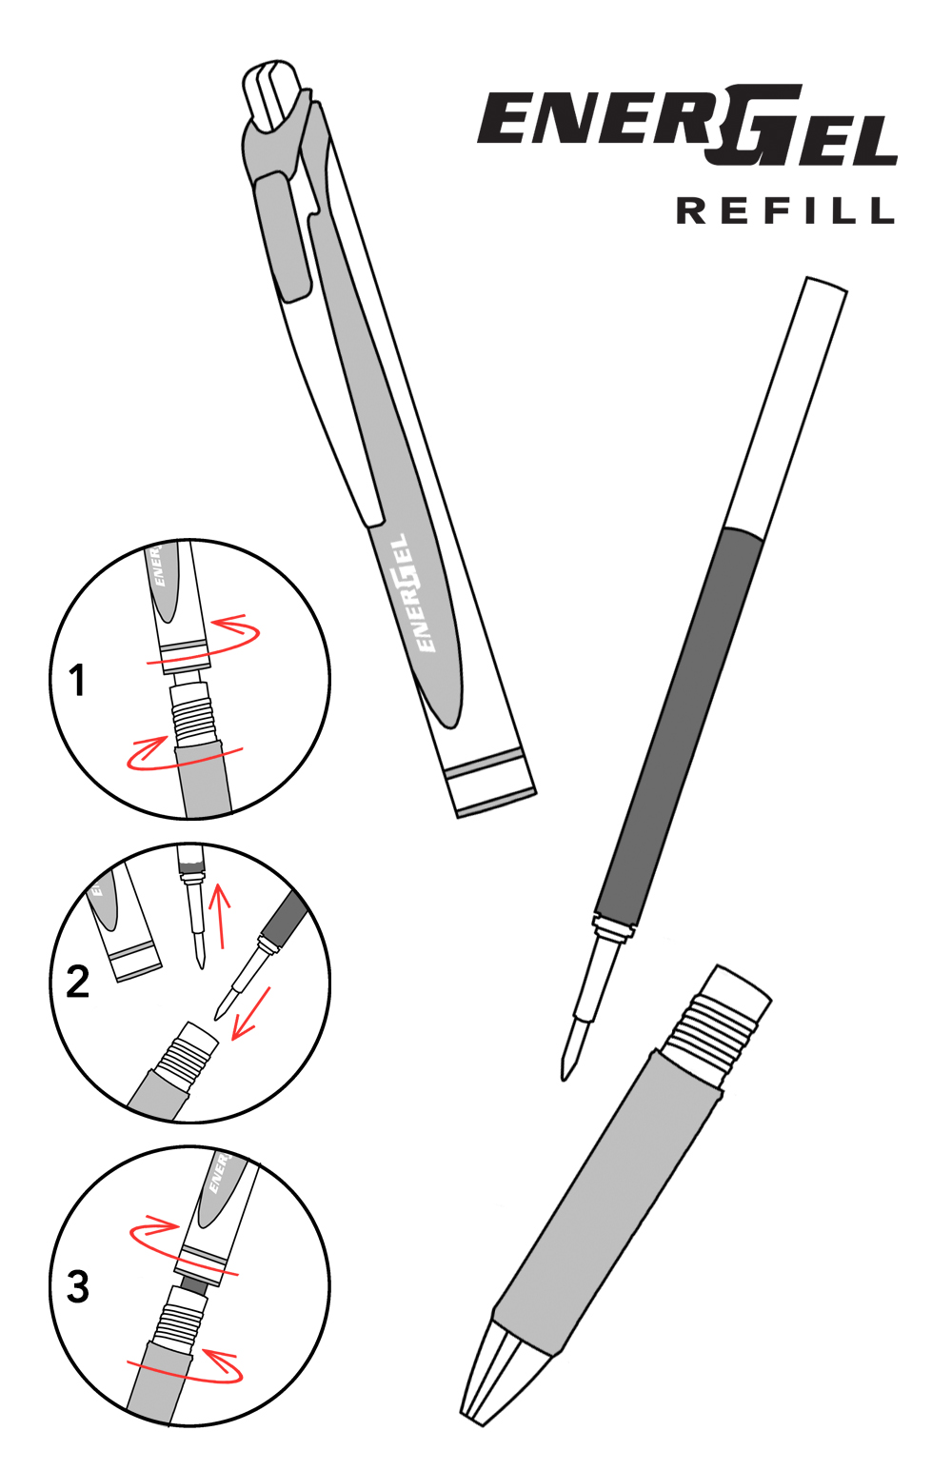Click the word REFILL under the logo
point(785,210)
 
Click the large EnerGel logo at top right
point(687,127)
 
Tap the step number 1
point(78,681)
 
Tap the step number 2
point(78,982)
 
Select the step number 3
point(78,1286)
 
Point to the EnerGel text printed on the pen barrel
point(411,592)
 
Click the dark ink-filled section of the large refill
point(681,724)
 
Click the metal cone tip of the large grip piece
point(500,1371)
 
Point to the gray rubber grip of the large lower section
point(609,1200)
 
